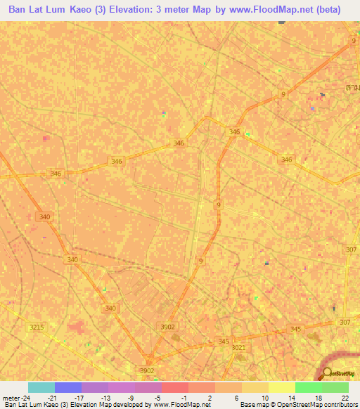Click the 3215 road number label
37,327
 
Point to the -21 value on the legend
54,398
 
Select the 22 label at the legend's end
345,398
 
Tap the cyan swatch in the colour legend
41,387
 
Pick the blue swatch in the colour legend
67,387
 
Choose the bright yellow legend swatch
282,387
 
